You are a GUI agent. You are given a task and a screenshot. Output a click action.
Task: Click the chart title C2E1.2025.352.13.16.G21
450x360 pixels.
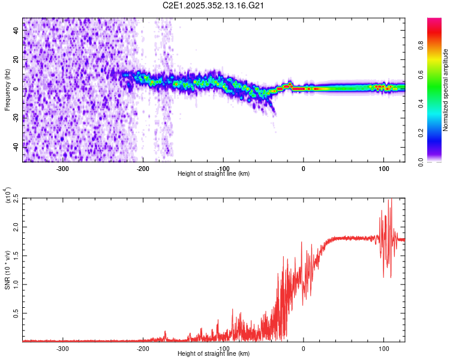214,5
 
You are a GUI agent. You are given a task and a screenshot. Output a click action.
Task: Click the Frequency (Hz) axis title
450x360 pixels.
7,89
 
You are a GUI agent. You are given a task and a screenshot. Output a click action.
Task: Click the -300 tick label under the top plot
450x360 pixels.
63,168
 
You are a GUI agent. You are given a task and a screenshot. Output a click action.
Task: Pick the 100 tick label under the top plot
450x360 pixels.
383,168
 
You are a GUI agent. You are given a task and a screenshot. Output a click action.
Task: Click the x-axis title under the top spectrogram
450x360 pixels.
214,173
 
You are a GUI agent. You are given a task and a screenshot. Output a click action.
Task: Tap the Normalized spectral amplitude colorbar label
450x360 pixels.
446,90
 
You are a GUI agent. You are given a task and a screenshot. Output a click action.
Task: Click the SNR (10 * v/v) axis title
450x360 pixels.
7,263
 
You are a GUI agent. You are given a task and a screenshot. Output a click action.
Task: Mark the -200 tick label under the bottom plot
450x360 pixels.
143,348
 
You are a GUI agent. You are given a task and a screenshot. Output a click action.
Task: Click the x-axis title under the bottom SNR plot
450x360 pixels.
214,353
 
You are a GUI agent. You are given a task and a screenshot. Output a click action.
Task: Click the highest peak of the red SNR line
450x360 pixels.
391,200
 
